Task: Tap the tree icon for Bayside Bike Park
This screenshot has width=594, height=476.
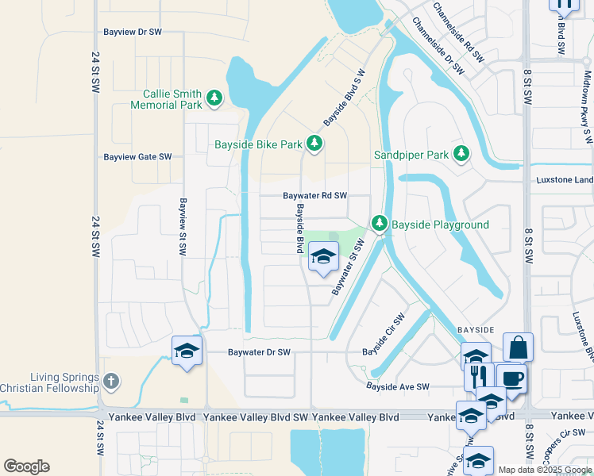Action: coord(315,144)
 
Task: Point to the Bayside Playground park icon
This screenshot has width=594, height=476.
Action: coord(380,225)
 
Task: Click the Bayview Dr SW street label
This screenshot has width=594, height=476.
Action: coord(133,33)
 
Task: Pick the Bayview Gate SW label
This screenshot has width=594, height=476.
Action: coord(137,157)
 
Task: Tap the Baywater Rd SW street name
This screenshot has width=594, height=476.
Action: coord(315,195)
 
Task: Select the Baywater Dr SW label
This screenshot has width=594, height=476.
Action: coord(260,351)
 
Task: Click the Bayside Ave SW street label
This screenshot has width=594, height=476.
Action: coord(397,386)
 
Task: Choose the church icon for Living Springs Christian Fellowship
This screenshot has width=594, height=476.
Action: coord(111,382)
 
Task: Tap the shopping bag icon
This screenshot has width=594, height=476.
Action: coord(518,347)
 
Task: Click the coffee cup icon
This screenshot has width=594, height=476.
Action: coord(510,378)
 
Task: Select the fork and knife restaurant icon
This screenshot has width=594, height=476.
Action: coord(478,376)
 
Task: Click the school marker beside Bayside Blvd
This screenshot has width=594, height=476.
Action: coord(323,256)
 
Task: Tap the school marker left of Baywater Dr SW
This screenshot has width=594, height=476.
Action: coord(187,351)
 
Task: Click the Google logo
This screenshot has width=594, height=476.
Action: coord(26,466)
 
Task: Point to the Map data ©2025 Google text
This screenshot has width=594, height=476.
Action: coord(544,470)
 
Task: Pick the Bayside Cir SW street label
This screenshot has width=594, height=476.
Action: coord(384,335)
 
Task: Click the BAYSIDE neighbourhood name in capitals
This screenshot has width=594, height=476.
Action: coord(476,328)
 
